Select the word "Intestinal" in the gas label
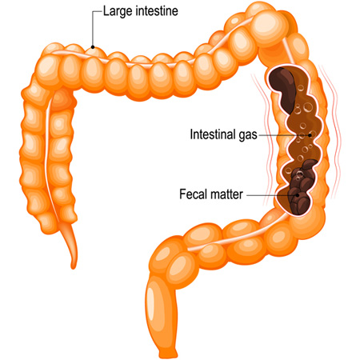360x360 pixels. click(x=213, y=134)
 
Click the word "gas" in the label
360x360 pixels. click(x=248, y=135)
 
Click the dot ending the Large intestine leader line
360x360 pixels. click(x=93, y=47)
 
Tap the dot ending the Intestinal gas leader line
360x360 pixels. click(x=310, y=135)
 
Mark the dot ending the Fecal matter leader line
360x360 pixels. click(x=298, y=195)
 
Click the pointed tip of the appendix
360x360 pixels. click(x=73, y=267)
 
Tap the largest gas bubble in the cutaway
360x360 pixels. click(x=308, y=107)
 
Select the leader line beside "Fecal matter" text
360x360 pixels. click(x=271, y=195)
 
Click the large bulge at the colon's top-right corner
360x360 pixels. click(x=270, y=26)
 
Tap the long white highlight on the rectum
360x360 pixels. click(x=151, y=301)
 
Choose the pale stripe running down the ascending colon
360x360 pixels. click(x=50, y=158)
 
